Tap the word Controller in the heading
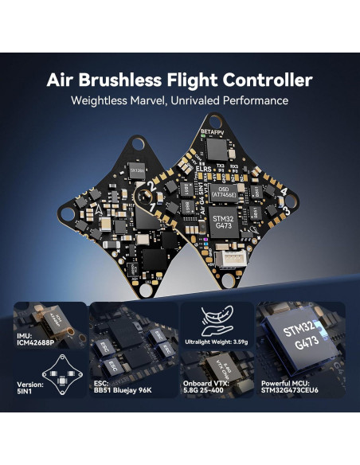[267, 80]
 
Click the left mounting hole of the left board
[68, 213]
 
